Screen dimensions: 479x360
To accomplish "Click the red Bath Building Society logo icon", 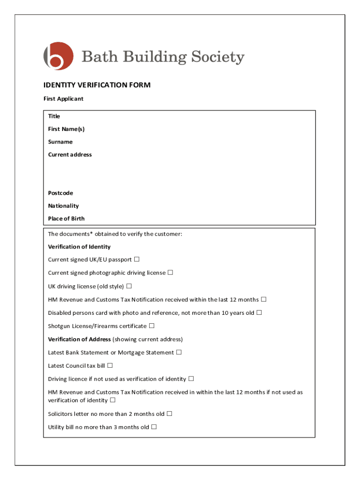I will click(58, 57).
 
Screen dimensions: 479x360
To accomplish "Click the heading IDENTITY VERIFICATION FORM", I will click(97, 85).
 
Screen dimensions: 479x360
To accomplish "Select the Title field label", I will click(54, 116).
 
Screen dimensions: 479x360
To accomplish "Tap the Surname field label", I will click(60, 142).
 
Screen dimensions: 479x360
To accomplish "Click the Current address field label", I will click(70, 154).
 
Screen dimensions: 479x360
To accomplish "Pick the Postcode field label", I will click(60, 193).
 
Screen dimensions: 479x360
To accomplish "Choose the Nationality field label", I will click(63, 206).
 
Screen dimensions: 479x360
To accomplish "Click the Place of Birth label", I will click(66, 218).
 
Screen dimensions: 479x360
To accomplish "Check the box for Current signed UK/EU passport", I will click(137, 259).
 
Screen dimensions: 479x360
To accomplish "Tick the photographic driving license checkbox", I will click(170, 272).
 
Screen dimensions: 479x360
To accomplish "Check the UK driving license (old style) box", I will click(129, 286).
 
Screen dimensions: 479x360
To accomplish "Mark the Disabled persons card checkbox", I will click(259, 312).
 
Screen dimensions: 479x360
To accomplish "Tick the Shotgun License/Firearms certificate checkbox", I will click(151, 326).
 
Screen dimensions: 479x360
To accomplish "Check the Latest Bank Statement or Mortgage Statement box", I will click(179, 352).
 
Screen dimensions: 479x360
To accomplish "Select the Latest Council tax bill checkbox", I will click(110, 365).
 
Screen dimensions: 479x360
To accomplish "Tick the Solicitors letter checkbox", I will click(169, 414).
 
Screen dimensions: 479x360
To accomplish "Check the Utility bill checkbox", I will click(154, 427).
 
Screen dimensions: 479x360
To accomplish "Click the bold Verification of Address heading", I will click(79, 339).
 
